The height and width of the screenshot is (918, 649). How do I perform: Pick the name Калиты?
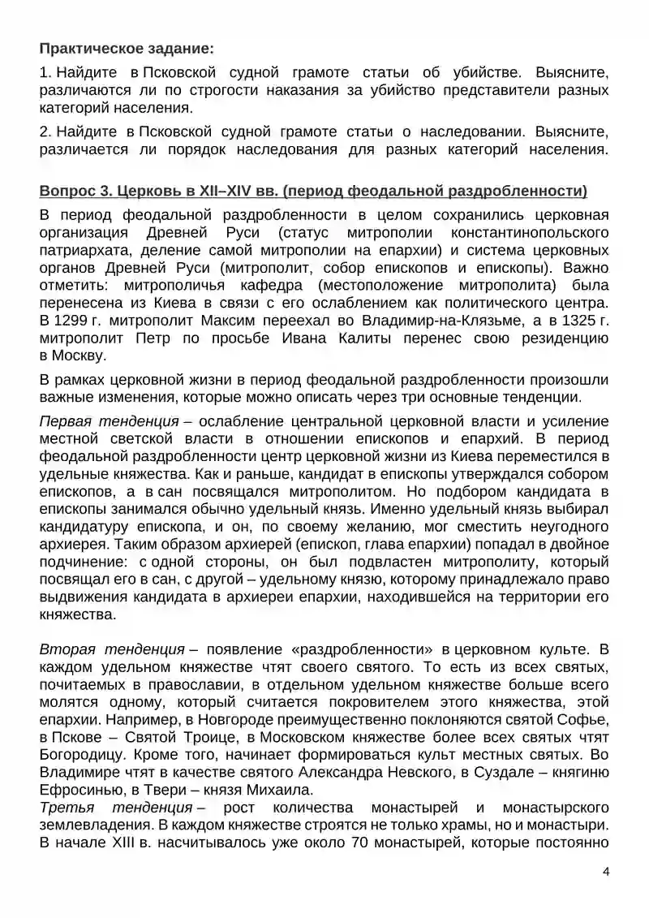[x=338, y=338]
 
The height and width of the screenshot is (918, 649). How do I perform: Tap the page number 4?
[x=605, y=872]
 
